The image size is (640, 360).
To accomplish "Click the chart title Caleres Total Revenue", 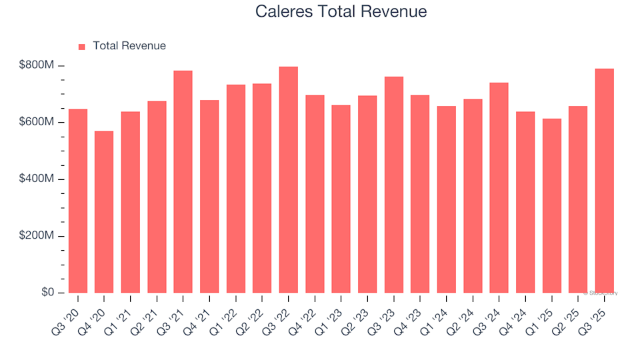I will click(x=341, y=12).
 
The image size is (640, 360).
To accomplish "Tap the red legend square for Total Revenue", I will click(x=82, y=47).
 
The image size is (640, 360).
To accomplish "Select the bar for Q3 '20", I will click(x=78, y=201).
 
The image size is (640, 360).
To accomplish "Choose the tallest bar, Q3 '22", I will click(x=289, y=179).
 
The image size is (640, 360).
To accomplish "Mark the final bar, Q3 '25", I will click(x=605, y=181).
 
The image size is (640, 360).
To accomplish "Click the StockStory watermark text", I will click(x=601, y=293).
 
